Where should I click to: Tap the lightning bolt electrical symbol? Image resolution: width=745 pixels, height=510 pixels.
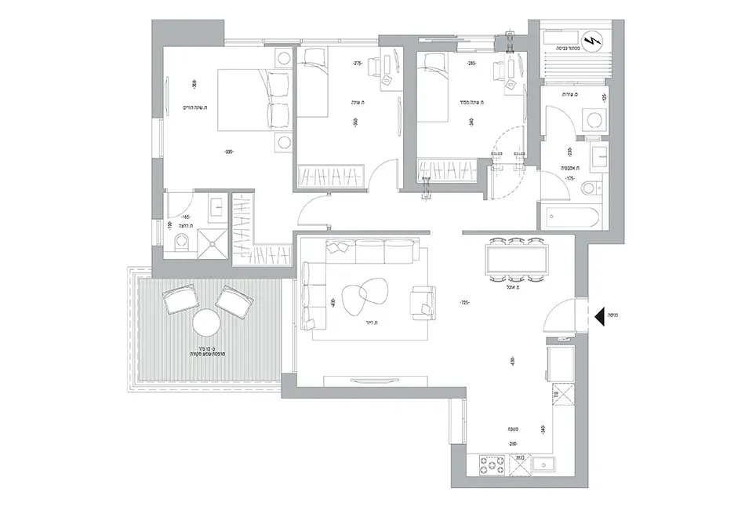[x=592, y=38]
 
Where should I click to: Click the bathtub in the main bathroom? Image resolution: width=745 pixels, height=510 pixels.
[x=570, y=217]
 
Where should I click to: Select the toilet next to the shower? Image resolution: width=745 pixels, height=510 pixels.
[x=180, y=242]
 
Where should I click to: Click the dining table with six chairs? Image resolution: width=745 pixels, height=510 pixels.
[x=516, y=259]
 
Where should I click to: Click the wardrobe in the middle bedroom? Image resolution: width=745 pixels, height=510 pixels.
[x=331, y=173]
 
